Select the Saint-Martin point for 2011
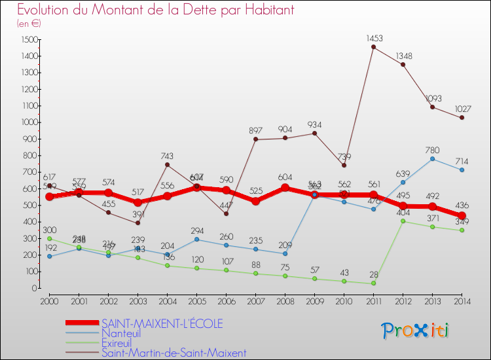pyautogui.click(x=373, y=47)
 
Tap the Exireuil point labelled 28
pyautogui.click(x=373, y=283)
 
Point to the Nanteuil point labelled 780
pyautogui.click(x=432, y=158)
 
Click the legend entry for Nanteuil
pyautogui.click(x=121, y=333)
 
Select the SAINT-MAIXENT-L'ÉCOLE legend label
pyautogui.click(x=162, y=323)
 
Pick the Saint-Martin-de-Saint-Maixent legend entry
pyautogui.click(x=173, y=353)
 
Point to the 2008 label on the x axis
pyautogui.click(x=285, y=300)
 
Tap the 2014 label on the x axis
pyautogui.click(x=462, y=300)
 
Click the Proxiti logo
pyautogui.click(x=416, y=331)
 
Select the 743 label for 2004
pyautogui.click(x=167, y=156)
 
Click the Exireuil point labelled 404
pyautogui.click(x=403, y=221)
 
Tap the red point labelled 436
pyautogui.click(x=462, y=215)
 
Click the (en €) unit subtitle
pyautogui.click(x=29, y=24)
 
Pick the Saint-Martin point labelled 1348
pyautogui.click(x=403, y=64)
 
